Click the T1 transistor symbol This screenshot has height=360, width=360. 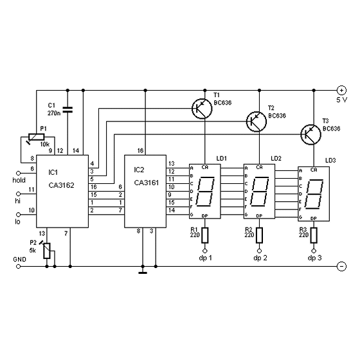coord(202,109)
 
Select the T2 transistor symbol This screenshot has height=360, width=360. coord(256,122)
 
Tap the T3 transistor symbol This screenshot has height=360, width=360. coord(311,134)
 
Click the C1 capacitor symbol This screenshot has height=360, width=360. coord(67,110)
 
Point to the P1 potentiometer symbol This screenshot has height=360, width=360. coord(36,138)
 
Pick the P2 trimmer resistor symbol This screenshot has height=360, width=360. coord(46,250)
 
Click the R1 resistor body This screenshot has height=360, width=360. coord(205,235)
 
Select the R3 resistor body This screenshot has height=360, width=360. coord(314,235)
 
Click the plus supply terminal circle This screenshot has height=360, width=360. coord(341,90)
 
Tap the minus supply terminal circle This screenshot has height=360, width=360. coord(341,266)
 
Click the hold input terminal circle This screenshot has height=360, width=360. coord(19,173)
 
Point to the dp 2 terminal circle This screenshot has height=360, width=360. coord(260,251)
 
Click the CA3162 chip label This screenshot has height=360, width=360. coord(62,185)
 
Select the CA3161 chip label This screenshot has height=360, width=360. coord(147,183)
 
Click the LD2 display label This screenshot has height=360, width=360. coord(276,158)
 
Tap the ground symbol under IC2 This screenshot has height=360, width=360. coord(143,273)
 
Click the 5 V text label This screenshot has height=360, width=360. coord(342,100)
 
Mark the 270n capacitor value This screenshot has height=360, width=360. coord(54,113)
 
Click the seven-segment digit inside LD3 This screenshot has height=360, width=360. coord(314,194)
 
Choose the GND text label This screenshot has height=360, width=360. coord(20,260)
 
